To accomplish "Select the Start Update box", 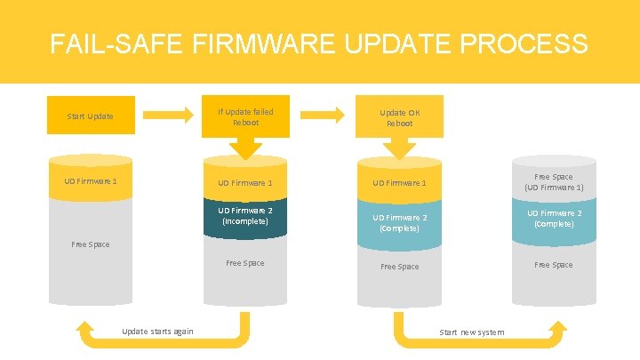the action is (x=90, y=116).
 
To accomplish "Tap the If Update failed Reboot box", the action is (x=245, y=116).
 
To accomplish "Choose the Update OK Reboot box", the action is (x=399, y=117).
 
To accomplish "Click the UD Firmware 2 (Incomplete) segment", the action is (x=245, y=216).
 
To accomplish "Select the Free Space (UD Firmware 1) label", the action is (x=554, y=182).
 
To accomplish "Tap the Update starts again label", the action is (x=157, y=332).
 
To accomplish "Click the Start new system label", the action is (x=471, y=332).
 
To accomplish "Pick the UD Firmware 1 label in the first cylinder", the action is (x=91, y=181).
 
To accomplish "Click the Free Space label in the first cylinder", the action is (x=91, y=244).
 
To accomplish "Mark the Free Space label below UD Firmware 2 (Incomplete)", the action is (x=245, y=263).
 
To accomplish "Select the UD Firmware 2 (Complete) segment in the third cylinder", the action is (x=399, y=223).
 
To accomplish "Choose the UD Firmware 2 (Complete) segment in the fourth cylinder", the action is (x=554, y=219).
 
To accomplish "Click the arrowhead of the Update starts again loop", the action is (x=86, y=329).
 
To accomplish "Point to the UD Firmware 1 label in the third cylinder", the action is (x=399, y=183).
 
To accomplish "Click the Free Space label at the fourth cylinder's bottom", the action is (x=554, y=265).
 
